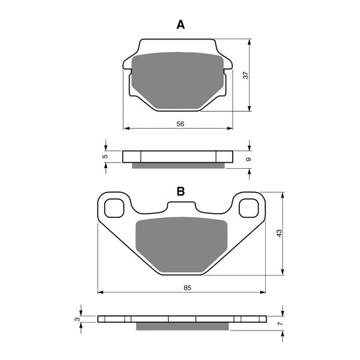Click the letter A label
pos(181,25)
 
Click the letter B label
pos(181,191)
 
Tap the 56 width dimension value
pos(180,124)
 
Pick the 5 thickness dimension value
pos(105,156)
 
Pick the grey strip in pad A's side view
pos(180,166)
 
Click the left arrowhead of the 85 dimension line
pos(101,292)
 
